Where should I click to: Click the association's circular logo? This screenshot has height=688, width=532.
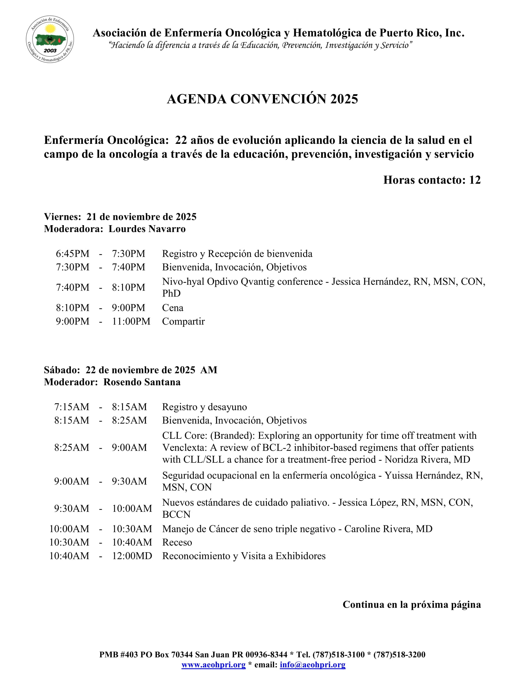click(50, 39)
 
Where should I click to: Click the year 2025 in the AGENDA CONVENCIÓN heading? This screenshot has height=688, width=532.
click(344, 99)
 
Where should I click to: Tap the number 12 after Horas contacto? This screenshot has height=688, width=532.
click(475, 180)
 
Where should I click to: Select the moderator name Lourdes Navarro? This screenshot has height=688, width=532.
click(147, 229)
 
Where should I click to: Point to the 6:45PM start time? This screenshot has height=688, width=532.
click(73, 254)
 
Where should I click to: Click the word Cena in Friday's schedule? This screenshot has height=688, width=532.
click(173, 308)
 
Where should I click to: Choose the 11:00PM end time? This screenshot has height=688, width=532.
click(131, 321)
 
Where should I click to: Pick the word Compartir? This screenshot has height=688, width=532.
click(183, 321)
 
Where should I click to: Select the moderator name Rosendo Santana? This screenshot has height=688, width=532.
click(142, 382)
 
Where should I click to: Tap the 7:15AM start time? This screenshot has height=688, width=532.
click(72, 407)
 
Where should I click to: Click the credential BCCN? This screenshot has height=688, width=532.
click(176, 514)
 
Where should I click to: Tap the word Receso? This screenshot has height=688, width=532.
click(177, 543)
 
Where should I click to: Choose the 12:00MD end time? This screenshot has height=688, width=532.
click(132, 556)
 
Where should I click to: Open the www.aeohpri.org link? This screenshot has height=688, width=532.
click(213, 665)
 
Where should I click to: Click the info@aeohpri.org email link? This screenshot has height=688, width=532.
click(312, 665)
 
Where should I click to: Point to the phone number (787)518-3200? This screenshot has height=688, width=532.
click(399, 655)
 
